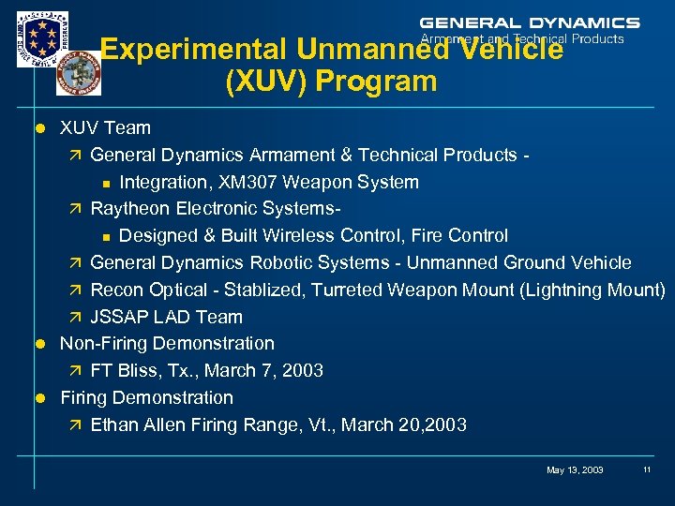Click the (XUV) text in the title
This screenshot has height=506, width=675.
[266, 82]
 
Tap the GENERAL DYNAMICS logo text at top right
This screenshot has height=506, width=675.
[529, 22]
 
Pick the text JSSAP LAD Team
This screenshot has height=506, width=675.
[166, 317]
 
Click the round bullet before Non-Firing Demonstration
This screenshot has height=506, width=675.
[40, 344]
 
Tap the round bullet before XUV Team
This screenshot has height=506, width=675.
[40, 127]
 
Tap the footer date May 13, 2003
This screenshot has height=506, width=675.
[575, 469]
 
